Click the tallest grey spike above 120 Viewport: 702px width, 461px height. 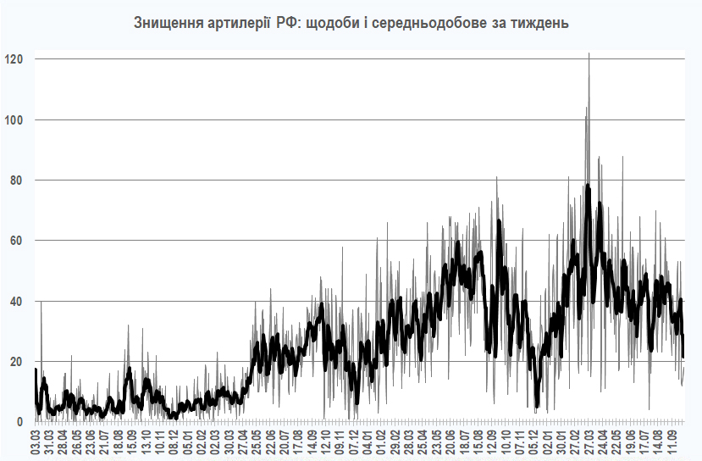(589, 54)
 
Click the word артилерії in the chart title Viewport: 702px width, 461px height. (235, 24)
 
